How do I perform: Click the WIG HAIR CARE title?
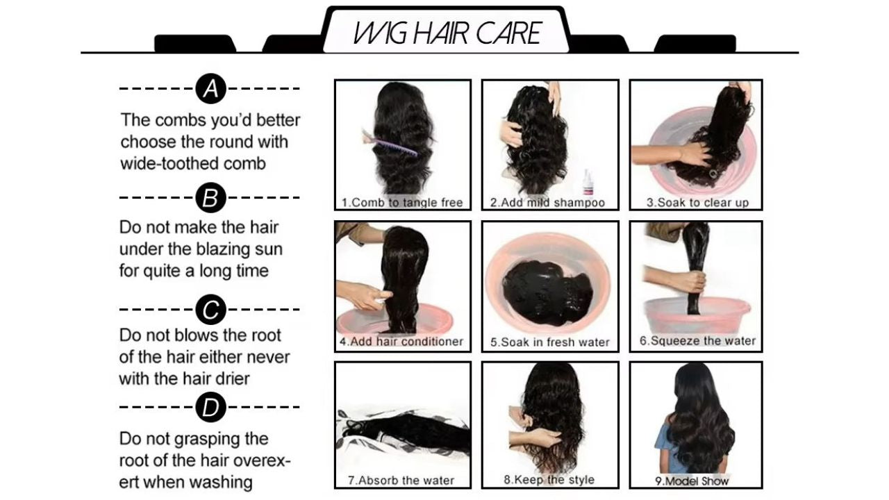(x=447, y=33)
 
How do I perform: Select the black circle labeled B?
(x=210, y=198)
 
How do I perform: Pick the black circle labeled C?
(x=210, y=309)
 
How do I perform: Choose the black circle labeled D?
(x=210, y=408)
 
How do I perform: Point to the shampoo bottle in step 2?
(x=589, y=182)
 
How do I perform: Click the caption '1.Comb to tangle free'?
(x=402, y=203)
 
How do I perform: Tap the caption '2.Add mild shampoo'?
(x=548, y=203)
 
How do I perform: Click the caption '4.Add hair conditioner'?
(x=401, y=342)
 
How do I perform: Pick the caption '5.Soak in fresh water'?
(x=549, y=342)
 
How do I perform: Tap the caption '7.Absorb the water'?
(x=401, y=480)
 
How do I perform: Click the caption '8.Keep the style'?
(x=549, y=479)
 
